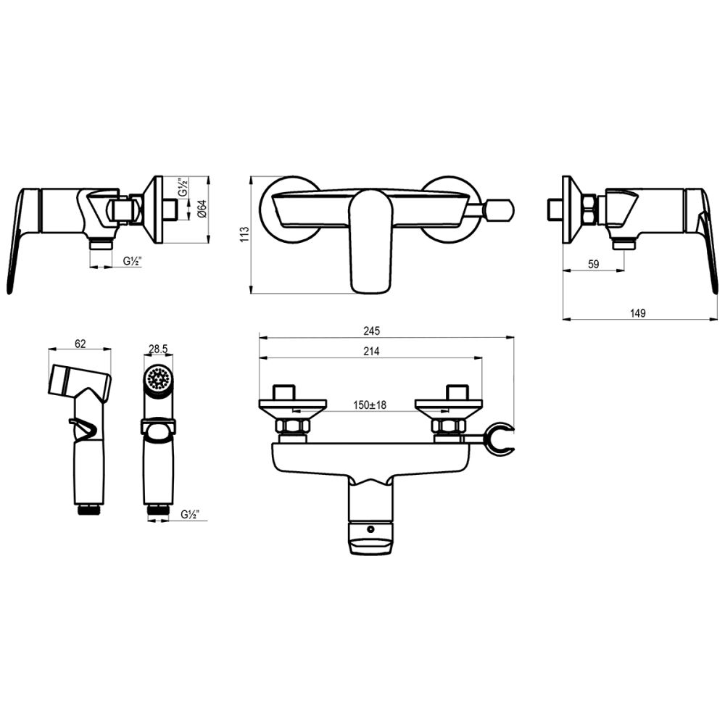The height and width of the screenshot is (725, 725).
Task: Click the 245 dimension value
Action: tap(371, 331)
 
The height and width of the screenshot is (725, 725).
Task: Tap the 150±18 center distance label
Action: tap(370, 405)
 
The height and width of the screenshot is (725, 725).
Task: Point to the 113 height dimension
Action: tap(244, 233)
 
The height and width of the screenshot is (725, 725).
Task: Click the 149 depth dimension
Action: tap(638, 313)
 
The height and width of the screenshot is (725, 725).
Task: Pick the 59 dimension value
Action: tap(592, 265)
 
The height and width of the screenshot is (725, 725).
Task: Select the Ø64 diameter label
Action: tap(204, 210)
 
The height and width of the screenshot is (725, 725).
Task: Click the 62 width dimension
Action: tap(80, 344)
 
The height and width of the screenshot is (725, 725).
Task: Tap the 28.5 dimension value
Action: tap(158, 349)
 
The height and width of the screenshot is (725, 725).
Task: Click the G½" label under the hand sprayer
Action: tap(190, 514)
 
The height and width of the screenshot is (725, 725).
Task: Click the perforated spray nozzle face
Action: tap(157, 378)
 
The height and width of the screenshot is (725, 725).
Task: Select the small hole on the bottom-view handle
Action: tap(372, 529)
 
